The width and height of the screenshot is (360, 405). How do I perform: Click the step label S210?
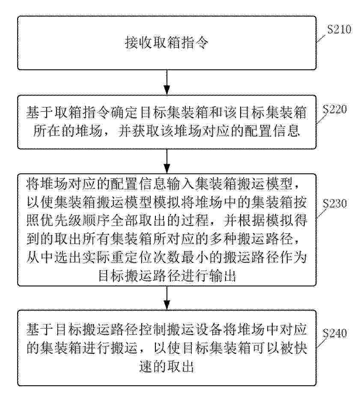339,30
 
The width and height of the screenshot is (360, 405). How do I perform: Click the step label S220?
335,109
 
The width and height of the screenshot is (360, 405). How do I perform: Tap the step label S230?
335,204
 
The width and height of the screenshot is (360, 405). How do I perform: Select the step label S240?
335,333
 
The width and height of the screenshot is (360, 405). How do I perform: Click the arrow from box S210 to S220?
167,82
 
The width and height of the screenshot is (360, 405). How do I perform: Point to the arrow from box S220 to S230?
167,161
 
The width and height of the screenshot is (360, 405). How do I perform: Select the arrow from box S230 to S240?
167,298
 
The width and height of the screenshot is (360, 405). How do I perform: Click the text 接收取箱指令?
167,43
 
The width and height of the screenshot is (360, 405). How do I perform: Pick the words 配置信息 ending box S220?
272,131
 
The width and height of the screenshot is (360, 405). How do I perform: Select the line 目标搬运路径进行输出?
167,275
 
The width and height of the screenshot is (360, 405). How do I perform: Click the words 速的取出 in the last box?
167,366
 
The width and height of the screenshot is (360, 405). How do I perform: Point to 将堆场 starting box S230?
47,184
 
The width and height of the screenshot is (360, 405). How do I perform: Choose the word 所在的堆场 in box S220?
68,131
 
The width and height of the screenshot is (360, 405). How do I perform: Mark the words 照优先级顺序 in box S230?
68,220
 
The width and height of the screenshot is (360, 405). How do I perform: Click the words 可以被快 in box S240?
280,348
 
